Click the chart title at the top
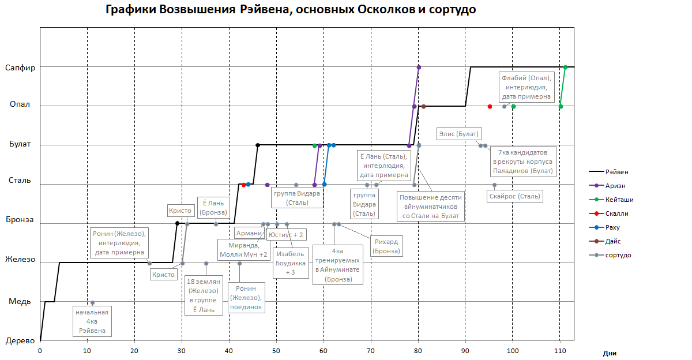pos(291,10)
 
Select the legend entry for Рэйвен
pos(616,171)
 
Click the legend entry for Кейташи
pos(619,199)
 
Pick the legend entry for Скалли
pos(617,213)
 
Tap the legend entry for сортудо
pos(618,254)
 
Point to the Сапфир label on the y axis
pos(20,67)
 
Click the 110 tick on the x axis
pos(559,351)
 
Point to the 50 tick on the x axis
pos(276,351)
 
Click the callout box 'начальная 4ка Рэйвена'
pos(92,321)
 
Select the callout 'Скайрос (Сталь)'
pos(514,196)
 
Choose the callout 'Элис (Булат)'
pos(459,134)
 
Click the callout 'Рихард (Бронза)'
pos(386,246)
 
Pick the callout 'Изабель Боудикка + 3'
pos(291,263)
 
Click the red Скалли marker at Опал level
pos(490,106)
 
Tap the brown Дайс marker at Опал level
pos(423,106)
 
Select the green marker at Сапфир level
pos(565,67)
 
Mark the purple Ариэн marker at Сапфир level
pos(419,67)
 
